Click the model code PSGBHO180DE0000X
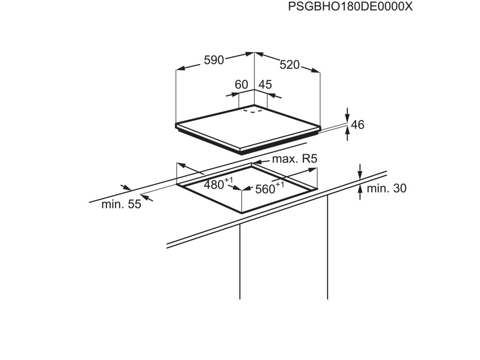[x=351, y=7]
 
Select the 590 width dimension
[x=213, y=60]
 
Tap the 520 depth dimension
[x=290, y=65]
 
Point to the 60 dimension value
[x=241, y=85]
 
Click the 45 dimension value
[x=265, y=85]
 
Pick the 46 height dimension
[x=358, y=125]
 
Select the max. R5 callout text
[x=295, y=159]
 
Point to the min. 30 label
[x=386, y=188]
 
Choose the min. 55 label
[x=121, y=204]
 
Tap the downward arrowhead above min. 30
[x=360, y=175]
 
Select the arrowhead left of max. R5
[x=255, y=161]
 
